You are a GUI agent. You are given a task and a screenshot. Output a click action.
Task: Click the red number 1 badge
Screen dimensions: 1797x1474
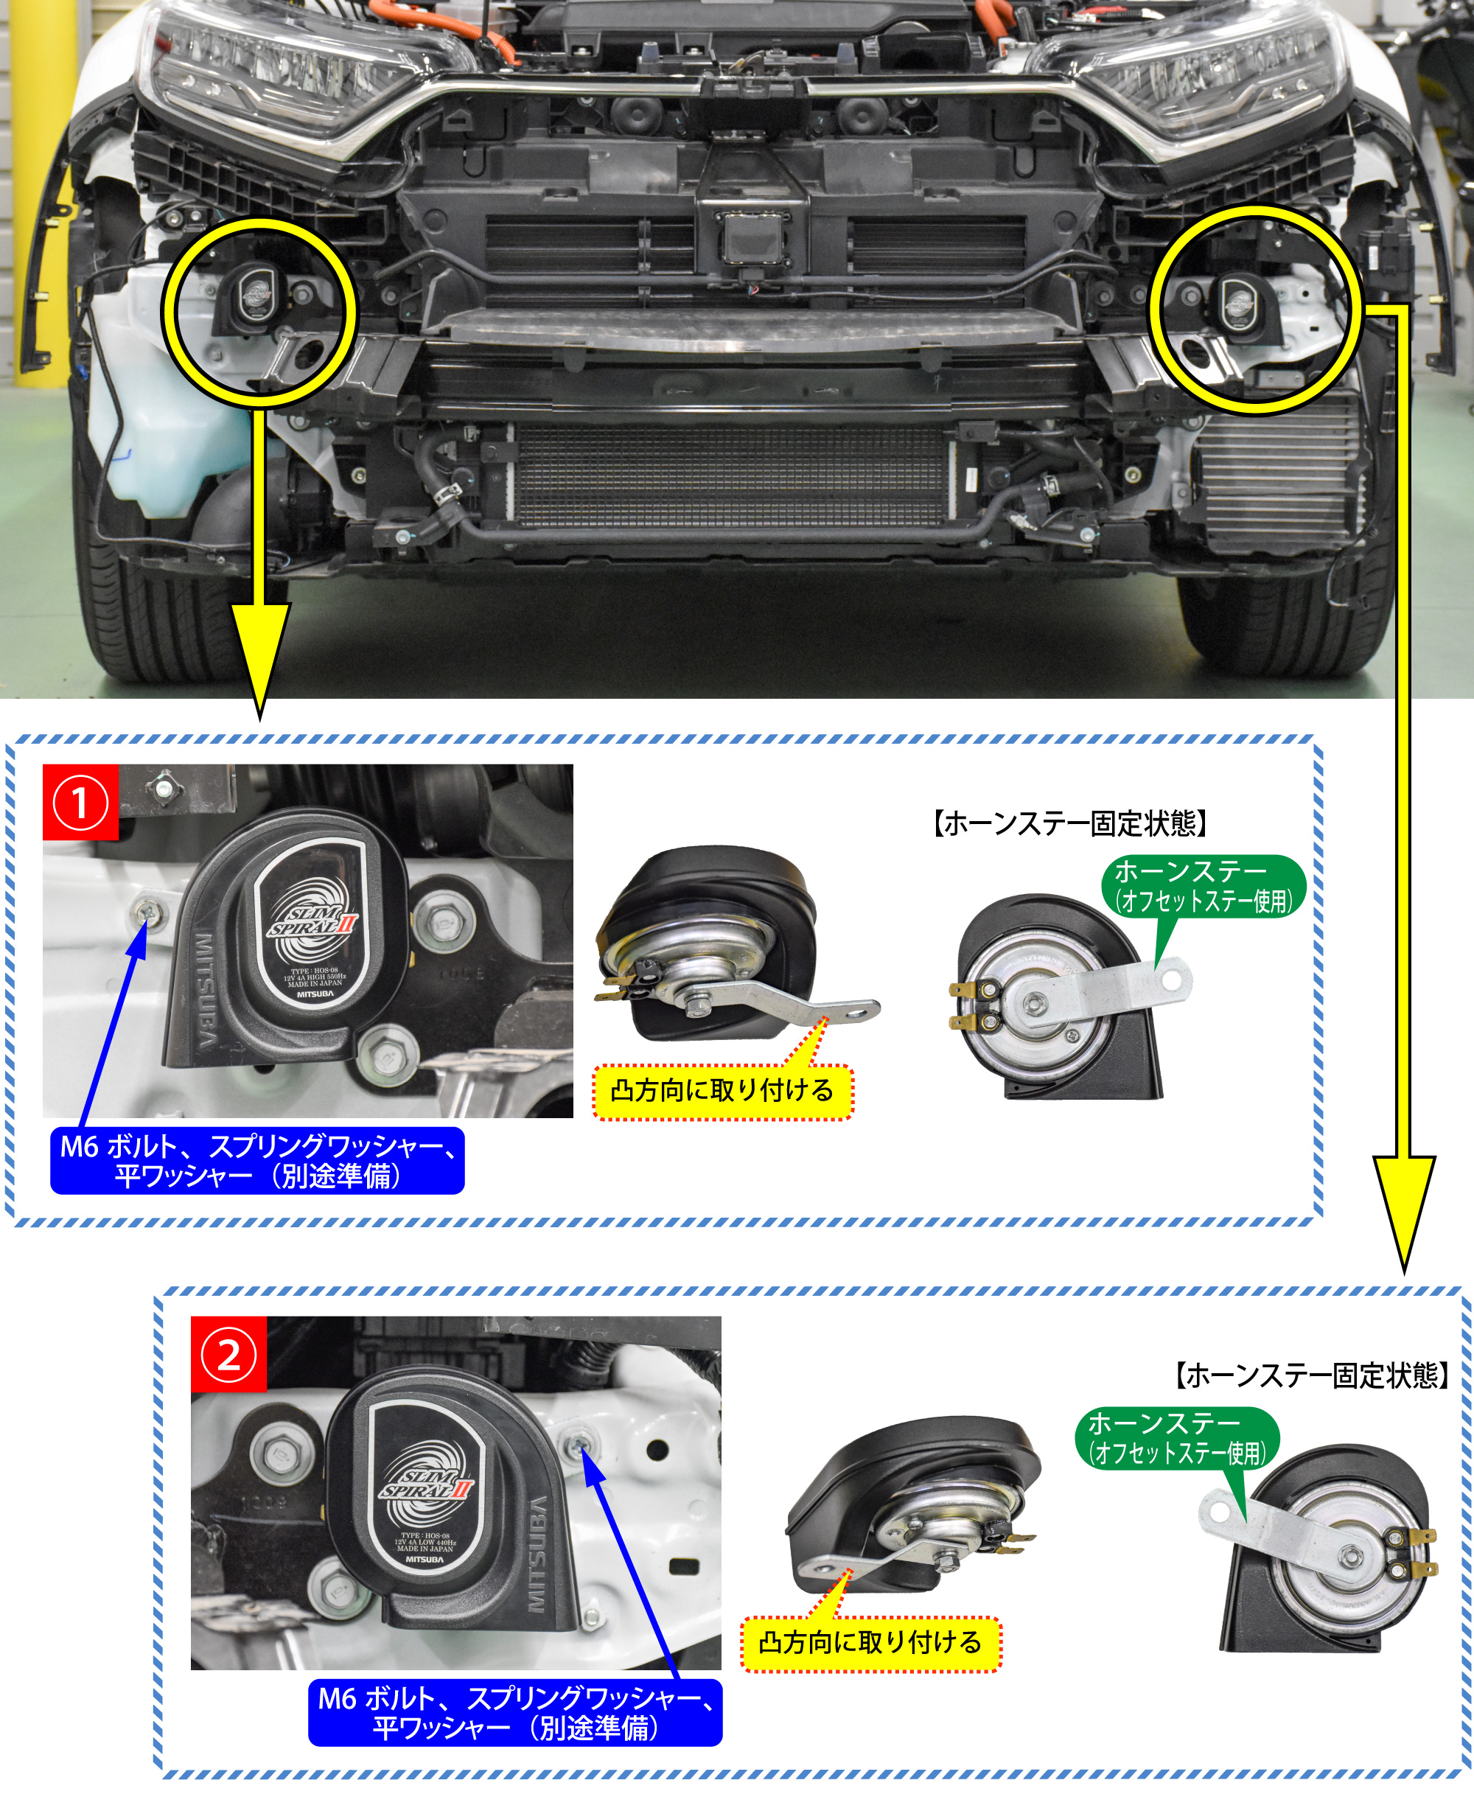pyautogui.click(x=80, y=803)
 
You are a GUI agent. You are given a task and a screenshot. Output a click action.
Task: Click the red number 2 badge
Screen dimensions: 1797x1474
pyautogui.click(x=228, y=1355)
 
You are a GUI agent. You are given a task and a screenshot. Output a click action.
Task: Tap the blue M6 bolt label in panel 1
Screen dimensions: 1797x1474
pyautogui.click(x=257, y=1160)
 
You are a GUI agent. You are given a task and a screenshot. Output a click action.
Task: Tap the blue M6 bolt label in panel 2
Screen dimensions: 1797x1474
pyautogui.click(x=514, y=1712)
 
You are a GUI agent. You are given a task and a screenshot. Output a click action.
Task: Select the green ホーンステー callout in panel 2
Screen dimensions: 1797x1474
pyautogui.click(x=1177, y=1438)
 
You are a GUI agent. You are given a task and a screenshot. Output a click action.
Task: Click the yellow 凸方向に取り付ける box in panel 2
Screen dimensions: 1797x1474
pyautogui.click(x=870, y=1642)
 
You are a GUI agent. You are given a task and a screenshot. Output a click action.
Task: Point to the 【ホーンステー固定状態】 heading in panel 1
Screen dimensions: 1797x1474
pyautogui.click(x=1071, y=823)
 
